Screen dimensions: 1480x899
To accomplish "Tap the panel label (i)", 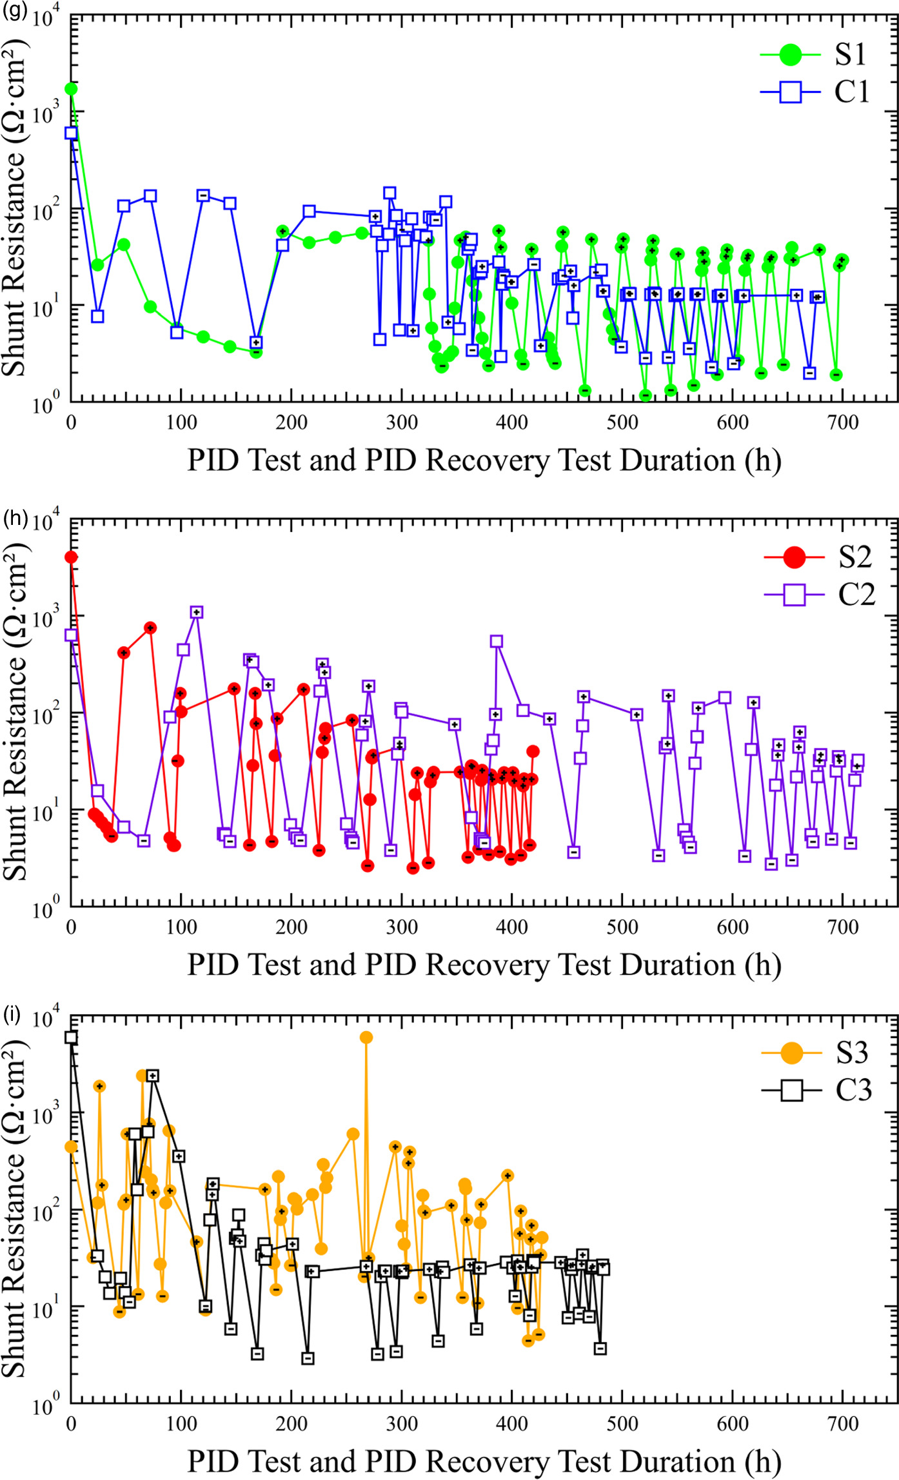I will click(x=12, y=1014).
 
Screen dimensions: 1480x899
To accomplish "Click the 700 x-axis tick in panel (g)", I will click(x=843, y=423).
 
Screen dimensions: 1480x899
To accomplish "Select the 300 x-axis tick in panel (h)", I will click(x=402, y=927).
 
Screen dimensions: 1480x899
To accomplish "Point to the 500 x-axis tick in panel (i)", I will click(x=622, y=1424).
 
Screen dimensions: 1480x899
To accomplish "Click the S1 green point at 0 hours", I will click(x=71, y=89).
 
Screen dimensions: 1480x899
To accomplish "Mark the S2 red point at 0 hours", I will click(x=71, y=557).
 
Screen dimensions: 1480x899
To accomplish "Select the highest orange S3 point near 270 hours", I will click(x=366, y=1037).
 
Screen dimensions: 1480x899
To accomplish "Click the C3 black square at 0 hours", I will click(x=71, y=1037).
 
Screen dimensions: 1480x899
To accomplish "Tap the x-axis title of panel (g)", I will click(x=484, y=460).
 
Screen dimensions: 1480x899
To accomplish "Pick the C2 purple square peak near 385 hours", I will click(x=496, y=641).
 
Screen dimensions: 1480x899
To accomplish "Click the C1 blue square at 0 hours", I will click(x=71, y=133).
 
